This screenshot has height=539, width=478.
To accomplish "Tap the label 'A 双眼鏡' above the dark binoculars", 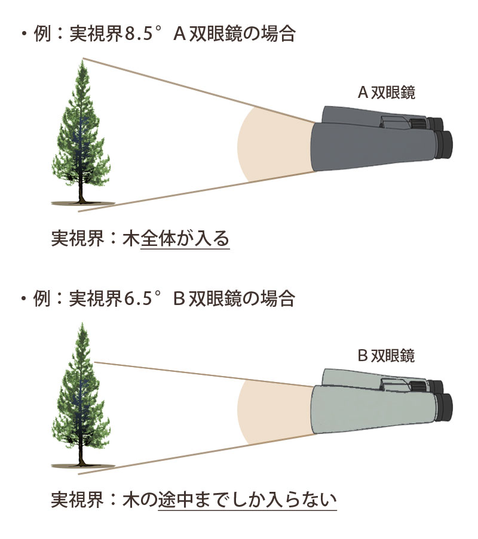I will pos(386,93).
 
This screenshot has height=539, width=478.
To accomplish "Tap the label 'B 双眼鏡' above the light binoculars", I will pos(386,356).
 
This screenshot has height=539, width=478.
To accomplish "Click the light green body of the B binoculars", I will pos(370,412).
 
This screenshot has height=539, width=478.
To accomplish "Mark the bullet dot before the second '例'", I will pos(23,298).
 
